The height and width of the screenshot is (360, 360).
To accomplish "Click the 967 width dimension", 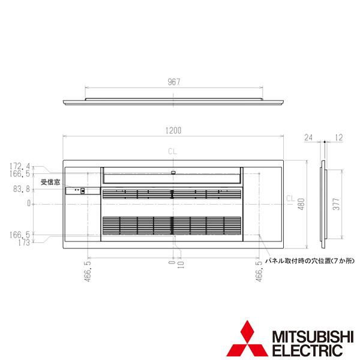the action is coord(174,82).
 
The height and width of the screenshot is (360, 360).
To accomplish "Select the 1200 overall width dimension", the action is coord(173,131).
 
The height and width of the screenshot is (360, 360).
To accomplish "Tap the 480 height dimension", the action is coord(301,204).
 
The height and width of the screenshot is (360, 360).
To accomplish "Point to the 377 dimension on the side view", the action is coord(336,204).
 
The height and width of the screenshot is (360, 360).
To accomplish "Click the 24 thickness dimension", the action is coord(308,137).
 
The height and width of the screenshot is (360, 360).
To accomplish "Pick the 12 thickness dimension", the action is coord(339,137).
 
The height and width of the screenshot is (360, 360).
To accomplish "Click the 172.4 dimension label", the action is coord(20,166).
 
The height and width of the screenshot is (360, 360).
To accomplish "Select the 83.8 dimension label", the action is coord(22,189).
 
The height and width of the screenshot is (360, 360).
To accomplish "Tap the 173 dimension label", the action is coord(24,242).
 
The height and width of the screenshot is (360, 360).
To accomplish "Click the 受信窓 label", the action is coord(50,182).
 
